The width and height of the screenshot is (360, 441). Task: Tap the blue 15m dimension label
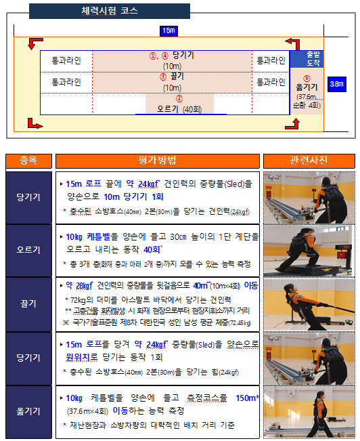point(168,30)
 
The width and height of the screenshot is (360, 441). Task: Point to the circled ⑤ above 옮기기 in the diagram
point(307,79)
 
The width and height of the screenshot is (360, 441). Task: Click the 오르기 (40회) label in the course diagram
point(179,108)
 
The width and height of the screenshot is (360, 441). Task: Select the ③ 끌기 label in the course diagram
point(172,77)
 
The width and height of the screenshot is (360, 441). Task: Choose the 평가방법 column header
point(157,161)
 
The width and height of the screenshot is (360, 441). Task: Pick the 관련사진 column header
point(309,161)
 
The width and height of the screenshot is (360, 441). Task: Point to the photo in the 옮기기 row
point(309,411)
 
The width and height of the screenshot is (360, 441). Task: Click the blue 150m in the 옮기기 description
point(247,398)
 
